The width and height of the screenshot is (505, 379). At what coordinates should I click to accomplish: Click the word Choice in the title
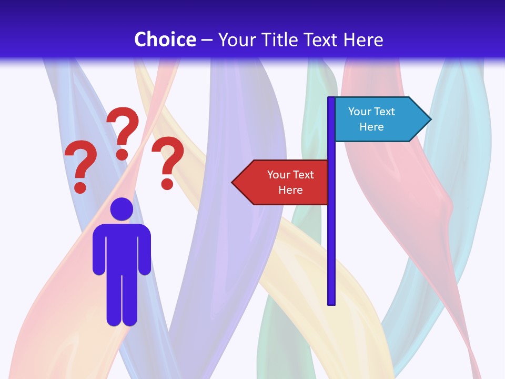pyautogui.click(x=165, y=39)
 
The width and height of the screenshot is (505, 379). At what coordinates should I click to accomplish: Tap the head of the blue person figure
pyautogui.click(x=122, y=209)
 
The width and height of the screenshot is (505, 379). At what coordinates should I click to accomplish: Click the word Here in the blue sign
pyautogui.click(x=371, y=127)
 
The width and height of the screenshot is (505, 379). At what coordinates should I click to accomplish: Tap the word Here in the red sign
pyautogui.click(x=290, y=190)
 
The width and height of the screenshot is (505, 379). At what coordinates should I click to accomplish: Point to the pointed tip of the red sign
pyautogui.click(x=234, y=183)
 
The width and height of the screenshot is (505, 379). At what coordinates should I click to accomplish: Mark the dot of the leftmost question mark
pyautogui.click(x=80, y=187)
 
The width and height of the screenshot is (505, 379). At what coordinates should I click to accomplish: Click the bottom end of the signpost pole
pyautogui.click(x=331, y=302)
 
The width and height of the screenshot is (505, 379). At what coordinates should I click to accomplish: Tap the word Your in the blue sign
pyautogui.click(x=359, y=112)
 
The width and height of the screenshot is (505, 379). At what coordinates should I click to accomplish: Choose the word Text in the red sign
pyautogui.click(x=303, y=175)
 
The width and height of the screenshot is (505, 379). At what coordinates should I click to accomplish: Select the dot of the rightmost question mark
pyautogui.click(x=167, y=184)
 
